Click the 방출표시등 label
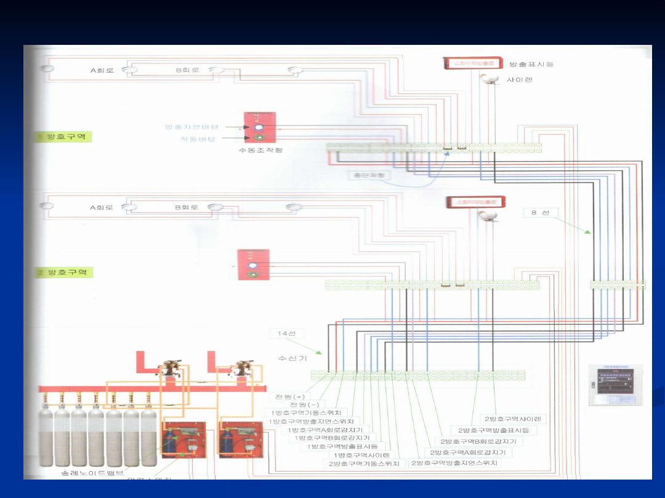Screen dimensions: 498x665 pyautogui.click(x=532, y=64)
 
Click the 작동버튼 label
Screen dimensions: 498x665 pyautogui.click(x=198, y=139)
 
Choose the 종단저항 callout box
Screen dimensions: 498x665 pyautogui.click(x=369, y=175)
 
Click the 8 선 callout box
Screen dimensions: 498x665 pyautogui.click(x=541, y=213)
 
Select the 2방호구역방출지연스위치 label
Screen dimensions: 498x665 pyautogui.click(x=456, y=462)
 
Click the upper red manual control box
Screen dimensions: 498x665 pyautogui.click(x=259, y=127)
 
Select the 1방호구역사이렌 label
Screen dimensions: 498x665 pyautogui.click(x=358, y=455)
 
